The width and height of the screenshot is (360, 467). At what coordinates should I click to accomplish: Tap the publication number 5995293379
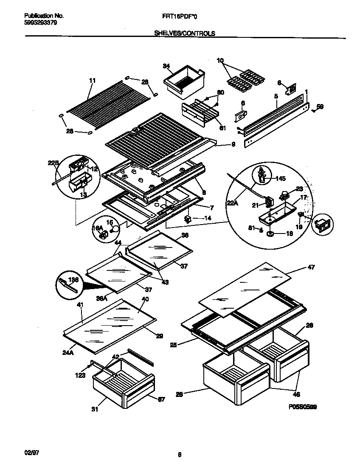[x=39, y=23]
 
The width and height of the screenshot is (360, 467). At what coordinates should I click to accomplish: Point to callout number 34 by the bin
[x=166, y=66]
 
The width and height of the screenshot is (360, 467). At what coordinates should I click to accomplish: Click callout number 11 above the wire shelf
[x=93, y=80]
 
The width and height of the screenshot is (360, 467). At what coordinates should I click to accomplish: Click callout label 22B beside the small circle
[x=53, y=163]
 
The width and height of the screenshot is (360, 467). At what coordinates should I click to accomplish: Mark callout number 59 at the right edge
[x=320, y=107]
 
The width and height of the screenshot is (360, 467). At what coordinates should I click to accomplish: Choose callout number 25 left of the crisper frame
[x=173, y=345]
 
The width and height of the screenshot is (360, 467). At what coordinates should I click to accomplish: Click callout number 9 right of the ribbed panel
[x=233, y=144]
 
